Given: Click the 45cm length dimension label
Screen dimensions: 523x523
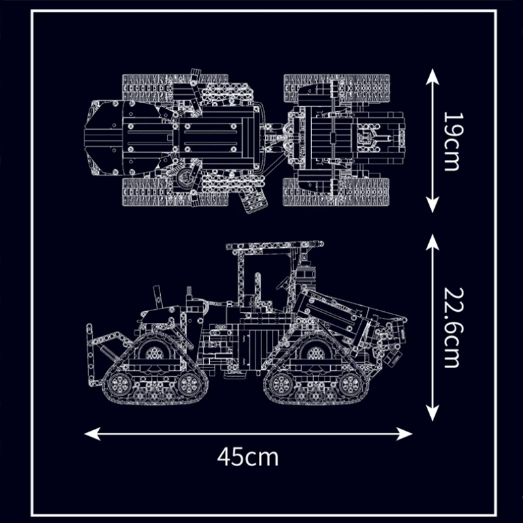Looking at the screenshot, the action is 248,457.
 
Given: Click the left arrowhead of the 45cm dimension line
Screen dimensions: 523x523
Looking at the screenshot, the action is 92,433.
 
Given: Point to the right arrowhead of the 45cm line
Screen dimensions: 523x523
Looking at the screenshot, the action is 404,433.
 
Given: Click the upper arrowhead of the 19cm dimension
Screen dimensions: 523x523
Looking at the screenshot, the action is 433,76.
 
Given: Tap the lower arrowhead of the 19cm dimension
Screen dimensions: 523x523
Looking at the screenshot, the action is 433,205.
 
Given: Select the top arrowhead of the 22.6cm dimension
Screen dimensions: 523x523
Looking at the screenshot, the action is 433,242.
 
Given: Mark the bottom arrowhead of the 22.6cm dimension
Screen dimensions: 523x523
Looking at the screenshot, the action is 433,413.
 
